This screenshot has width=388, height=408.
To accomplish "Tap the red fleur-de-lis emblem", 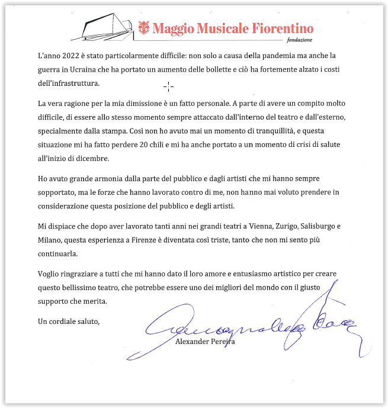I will [143, 27].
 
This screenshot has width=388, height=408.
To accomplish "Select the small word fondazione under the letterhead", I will [299, 40].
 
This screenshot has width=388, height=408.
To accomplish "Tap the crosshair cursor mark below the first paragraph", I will [168, 87].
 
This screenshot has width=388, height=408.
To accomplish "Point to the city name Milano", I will [49, 240].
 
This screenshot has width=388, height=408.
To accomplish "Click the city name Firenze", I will [146, 240].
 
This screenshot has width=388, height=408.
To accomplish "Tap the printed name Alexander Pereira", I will [206, 341].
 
